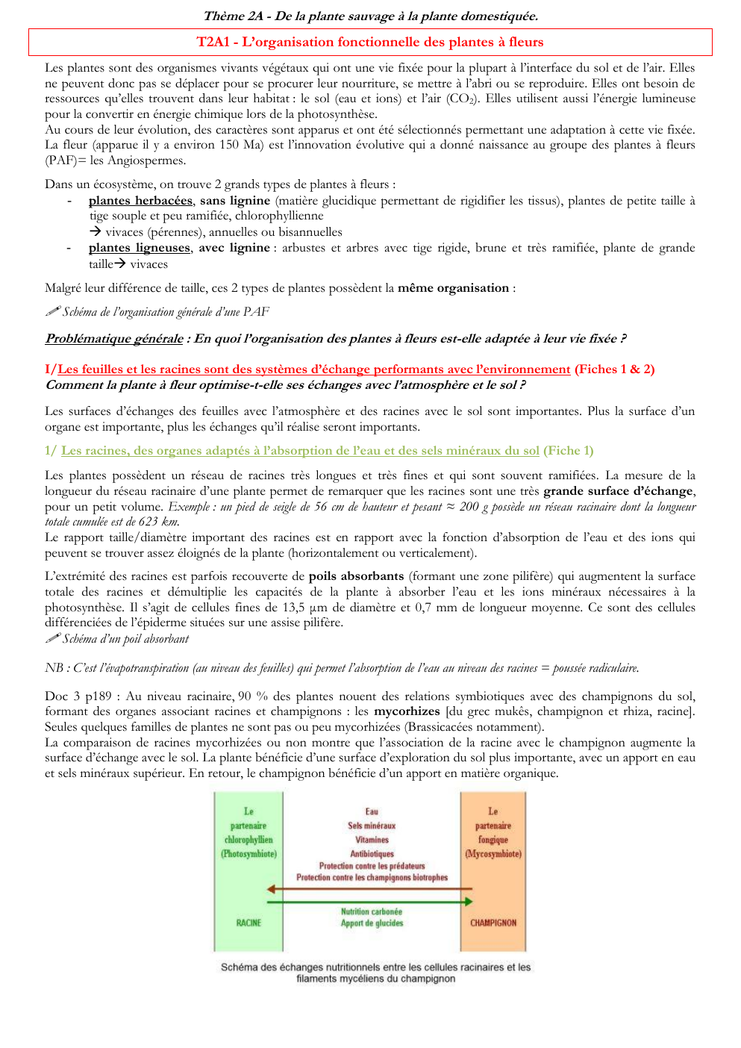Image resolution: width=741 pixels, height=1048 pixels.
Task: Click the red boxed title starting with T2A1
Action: point(370,42)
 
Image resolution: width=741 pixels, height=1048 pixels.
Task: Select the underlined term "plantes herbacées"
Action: point(140,200)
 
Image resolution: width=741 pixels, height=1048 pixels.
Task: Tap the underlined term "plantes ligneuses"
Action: point(140,247)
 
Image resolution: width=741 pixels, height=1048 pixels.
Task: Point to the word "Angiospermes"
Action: point(147,160)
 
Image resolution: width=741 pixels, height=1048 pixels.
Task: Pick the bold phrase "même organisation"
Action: point(454,288)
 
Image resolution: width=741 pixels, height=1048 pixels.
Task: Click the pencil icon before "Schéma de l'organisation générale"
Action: point(52,311)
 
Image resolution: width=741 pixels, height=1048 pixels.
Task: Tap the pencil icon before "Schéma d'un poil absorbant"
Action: point(52,638)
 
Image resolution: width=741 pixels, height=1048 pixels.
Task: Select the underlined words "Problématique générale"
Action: point(114,339)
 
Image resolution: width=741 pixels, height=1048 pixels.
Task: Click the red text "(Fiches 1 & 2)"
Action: point(614,369)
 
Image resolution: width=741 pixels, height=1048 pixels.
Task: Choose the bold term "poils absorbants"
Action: point(356,576)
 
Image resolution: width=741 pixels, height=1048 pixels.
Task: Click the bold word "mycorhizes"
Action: point(407,711)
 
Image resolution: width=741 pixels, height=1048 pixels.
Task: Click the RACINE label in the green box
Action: point(248,923)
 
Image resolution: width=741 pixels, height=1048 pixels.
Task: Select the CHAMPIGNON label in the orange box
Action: point(493,923)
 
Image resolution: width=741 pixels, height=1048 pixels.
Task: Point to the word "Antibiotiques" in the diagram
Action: point(372,854)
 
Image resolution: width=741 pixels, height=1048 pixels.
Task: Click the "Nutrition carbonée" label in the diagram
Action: point(372,911)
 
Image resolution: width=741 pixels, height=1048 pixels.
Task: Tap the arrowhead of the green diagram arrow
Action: point(468,902)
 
